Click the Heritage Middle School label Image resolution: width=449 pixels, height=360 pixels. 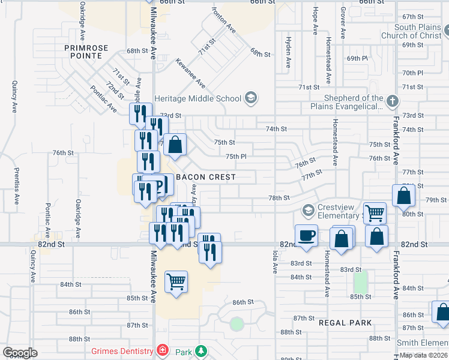(197, 98)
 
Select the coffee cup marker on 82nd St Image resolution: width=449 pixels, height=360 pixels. (306, 235)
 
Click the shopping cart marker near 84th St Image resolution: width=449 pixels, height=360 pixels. (176, 280)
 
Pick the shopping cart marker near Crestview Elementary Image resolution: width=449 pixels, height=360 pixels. (375, 212)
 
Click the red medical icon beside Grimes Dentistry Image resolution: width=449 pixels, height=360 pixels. (162, 350)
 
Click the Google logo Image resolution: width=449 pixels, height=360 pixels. (19, 353)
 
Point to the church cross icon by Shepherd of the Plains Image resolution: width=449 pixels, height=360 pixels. (392, 101)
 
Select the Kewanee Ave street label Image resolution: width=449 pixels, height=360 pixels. (190, 73)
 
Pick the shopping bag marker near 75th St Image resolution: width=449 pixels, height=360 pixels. (175, 145)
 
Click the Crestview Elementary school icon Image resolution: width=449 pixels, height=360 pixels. (309, 210)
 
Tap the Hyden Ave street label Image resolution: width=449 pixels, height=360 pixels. (288, 52)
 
